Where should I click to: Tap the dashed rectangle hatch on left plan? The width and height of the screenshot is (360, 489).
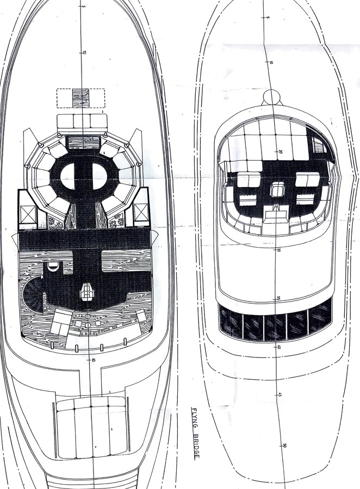click(x=80, y=98)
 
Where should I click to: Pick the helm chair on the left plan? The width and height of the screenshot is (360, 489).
click(x=86, y=291)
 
